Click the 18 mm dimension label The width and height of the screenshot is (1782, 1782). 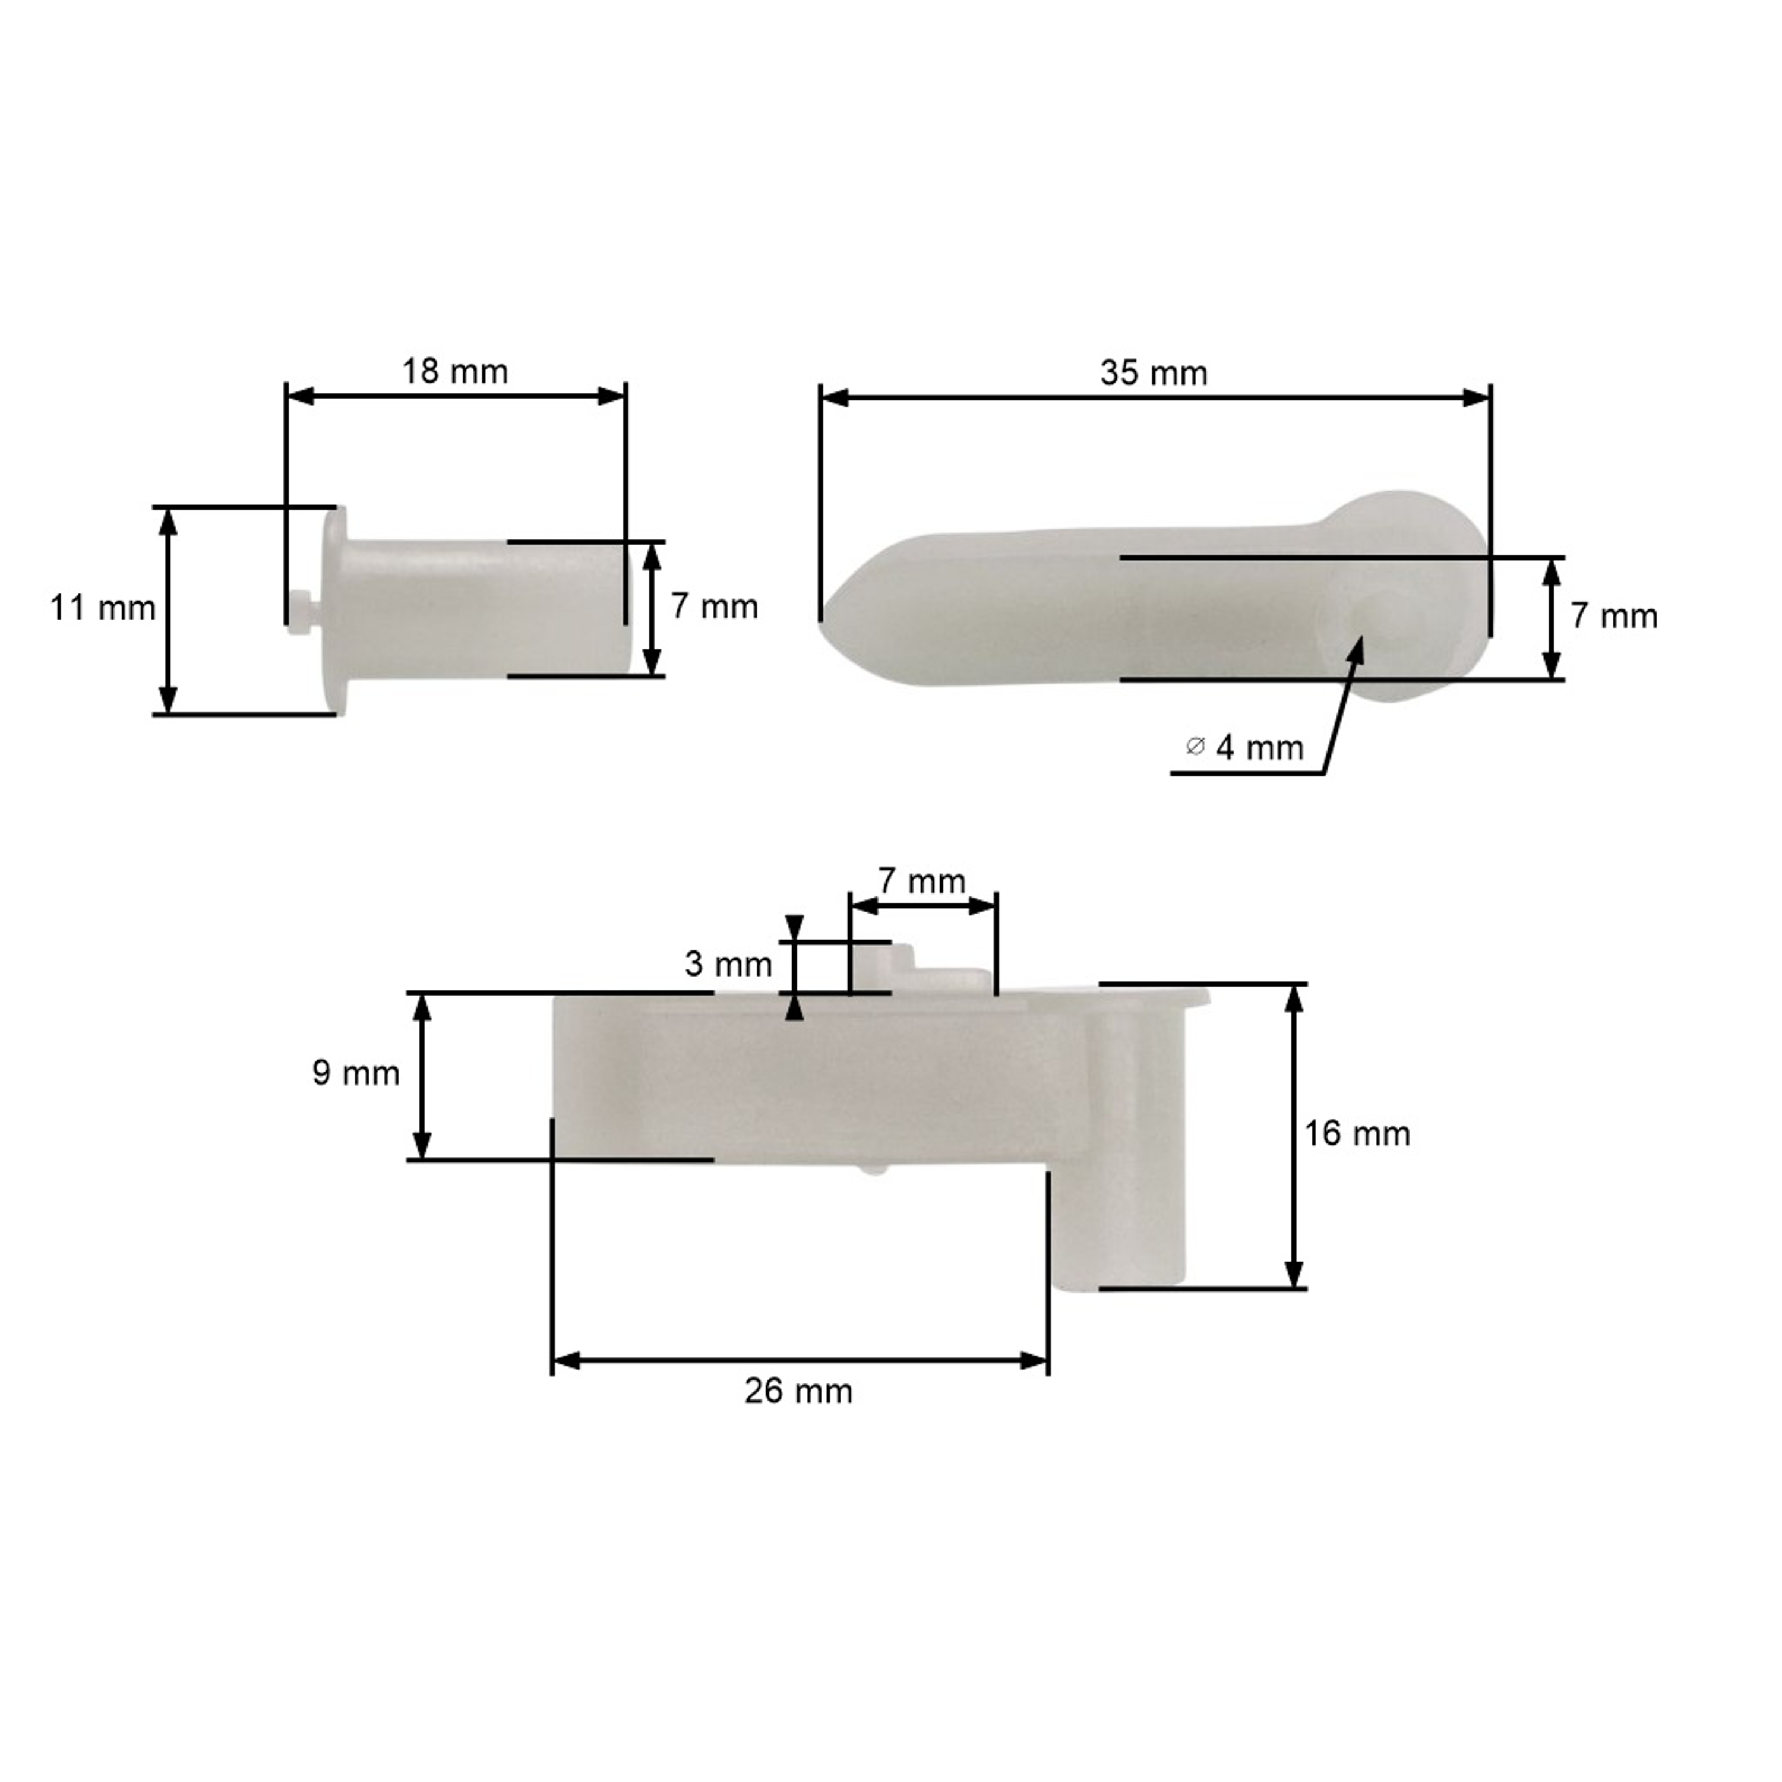(x=455, y=372)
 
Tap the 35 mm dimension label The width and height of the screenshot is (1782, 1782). (x=1154, y=374)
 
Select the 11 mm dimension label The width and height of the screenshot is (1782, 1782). (x=102, y=609)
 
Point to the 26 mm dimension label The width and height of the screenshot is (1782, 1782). (x=799, y=1391)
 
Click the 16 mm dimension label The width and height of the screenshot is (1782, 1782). (x=1357, y=1133)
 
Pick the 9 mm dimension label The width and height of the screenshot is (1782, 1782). (x=356, y=1073)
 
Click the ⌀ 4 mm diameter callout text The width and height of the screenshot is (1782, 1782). (x=1245, y=747)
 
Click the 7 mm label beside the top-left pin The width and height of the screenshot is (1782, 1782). (x=715, y=607)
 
